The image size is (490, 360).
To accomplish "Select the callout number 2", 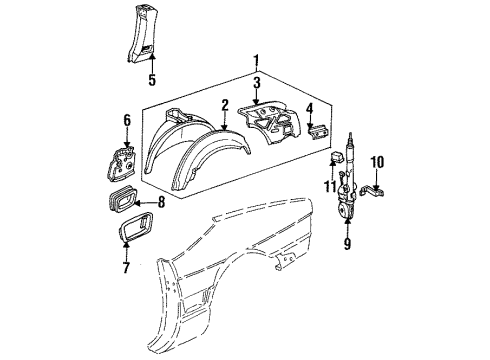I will tap(226, 104).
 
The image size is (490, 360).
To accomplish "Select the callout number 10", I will tap(377, 161).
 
